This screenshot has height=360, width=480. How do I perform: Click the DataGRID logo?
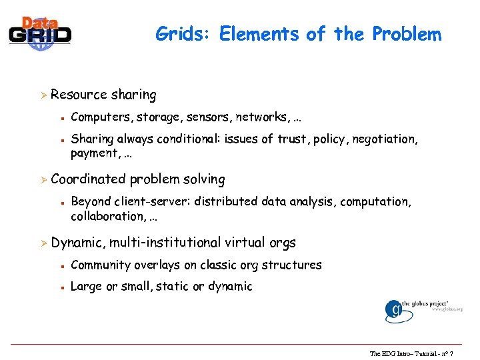tap(40, 31)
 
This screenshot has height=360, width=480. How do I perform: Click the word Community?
tap(101, 265)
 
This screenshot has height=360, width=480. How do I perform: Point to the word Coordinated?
tap(88, 179)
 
